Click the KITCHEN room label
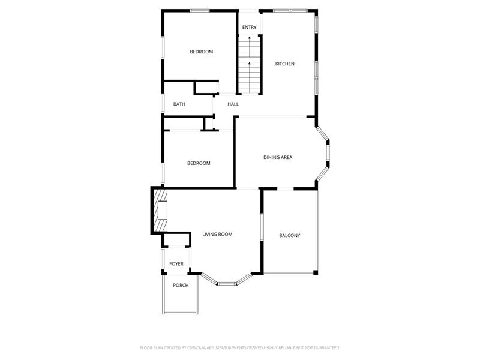(x=284, y=64)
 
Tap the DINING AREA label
(x=278, y=157)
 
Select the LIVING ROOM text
(x=217, y=234)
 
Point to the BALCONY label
(x=290, y=235)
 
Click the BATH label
(x=179, y=104)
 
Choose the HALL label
(x=233, y=104)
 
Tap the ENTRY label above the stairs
(x=249, y=27)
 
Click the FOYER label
(x=176, y=264)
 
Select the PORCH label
(x=181, y=286)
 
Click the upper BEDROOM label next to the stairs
(x=201, y=52)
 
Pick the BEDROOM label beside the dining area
(x=199, y=163)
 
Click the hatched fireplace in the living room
(x=160, y=211)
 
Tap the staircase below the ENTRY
(x=250, y=64)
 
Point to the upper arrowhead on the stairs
(x=250, y=38)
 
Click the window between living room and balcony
(x=262, y=227)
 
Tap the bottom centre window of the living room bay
(x=227, y=283)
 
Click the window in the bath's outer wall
(x=163, y=103)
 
